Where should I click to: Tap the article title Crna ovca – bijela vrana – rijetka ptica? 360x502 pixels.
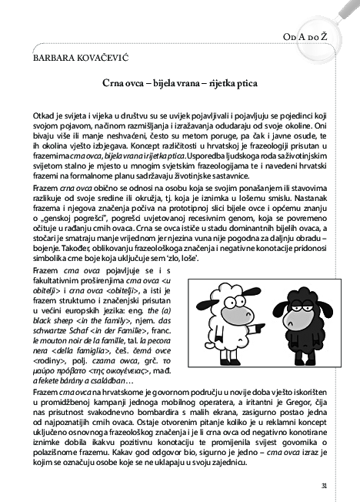coord(179,81)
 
